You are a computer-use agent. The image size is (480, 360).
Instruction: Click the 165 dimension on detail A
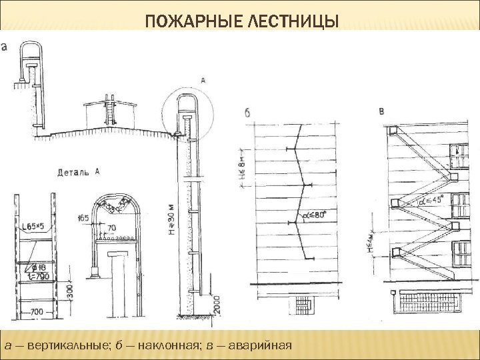click(x=83, y=217)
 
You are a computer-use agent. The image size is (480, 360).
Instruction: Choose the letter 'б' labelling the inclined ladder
click(x=247, y=113)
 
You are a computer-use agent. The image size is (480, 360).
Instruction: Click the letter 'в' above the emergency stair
click(x=381, y=111)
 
